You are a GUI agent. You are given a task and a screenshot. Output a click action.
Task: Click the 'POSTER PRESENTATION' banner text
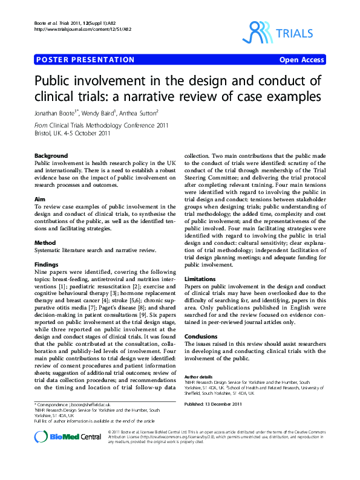pyautogui.click(x=85, y=60)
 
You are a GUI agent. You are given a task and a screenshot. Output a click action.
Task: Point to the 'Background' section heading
pyautogui.click(x=51, y=156)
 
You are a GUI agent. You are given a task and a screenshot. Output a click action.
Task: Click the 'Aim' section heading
pyautogui.click(x=40, y=198)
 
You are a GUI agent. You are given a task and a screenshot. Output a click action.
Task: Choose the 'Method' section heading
pyautogui.click(x=45, y=242)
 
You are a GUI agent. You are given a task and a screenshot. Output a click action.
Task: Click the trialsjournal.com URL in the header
pyautogui.click(x=84, y=29)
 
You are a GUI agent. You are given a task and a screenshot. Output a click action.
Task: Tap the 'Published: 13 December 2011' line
pyautogui.click(x=214, y=404)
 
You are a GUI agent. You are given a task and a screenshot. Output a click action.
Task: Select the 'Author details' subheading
pyautogui.click(x=198, y=376)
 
